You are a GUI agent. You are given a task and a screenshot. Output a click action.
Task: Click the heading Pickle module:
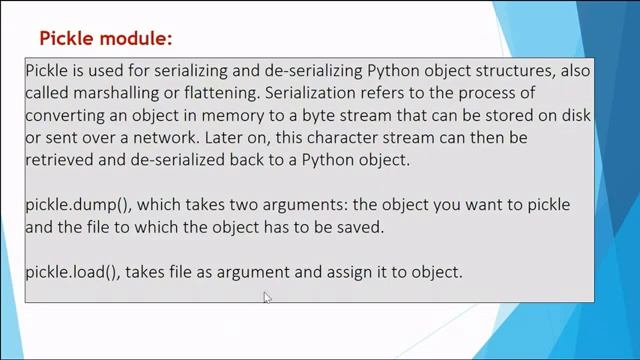tap(105, 39)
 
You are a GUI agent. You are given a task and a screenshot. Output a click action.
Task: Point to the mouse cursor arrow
tap(267, 297)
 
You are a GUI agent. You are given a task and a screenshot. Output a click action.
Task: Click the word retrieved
tap(62, 160)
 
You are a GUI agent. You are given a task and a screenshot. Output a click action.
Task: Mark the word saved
tap(360, 226)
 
